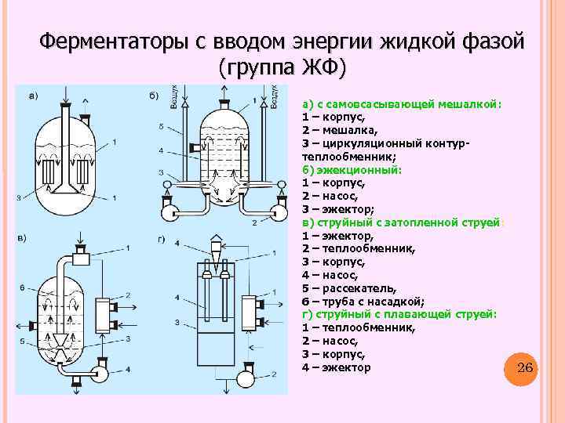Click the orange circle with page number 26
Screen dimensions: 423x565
[526, 368]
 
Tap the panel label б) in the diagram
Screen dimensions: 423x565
[154, 96]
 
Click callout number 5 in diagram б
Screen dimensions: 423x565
[160, 126]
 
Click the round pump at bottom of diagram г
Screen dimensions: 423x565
[246, 378]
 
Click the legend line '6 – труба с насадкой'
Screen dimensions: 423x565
[363, 301]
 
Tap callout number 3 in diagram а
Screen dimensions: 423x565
[18, 198]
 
